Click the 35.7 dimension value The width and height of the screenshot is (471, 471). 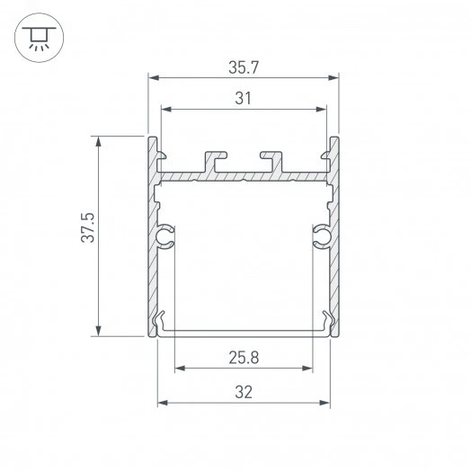click(x=243, y=66)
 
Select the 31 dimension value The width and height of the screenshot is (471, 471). click(x=243, y=99)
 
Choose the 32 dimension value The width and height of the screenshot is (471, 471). click(x=243, y=391)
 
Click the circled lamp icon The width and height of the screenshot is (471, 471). click(x=36, y=36)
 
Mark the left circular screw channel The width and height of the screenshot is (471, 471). click(x=165, y=237)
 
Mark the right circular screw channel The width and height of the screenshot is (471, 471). click(x=321, y=237)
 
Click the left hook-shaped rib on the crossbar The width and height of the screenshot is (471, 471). click(x=216, y=160)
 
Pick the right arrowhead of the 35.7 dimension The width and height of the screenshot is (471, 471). click(x=333, y=77)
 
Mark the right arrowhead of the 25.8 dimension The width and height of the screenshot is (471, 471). click(x=307, y=369)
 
